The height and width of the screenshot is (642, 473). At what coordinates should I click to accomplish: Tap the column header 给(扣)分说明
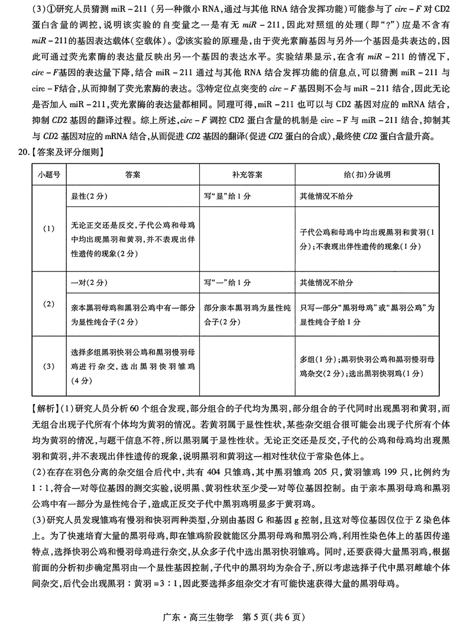click(x=367, y=175)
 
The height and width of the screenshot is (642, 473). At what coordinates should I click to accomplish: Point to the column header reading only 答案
click(x=132, y=175)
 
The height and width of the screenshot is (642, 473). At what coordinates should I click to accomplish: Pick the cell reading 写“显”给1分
click(x=225, y=195)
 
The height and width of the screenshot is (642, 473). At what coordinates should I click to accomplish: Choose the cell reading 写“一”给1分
click(x=225, y=282)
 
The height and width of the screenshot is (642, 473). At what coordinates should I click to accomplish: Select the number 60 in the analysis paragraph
click(x=134, y=409)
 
